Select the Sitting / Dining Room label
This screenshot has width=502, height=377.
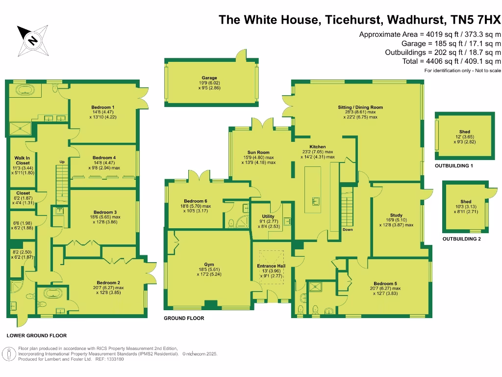360,107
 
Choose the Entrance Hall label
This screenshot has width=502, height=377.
271,266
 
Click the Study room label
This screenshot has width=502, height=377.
396,215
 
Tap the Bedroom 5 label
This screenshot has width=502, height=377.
385,283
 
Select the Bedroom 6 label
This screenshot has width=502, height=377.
196,201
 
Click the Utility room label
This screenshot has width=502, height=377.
268,216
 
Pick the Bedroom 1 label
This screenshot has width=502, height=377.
103,107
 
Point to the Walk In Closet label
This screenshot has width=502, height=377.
23,161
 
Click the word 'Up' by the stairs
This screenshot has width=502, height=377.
62,162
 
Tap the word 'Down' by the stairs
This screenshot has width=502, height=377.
347,229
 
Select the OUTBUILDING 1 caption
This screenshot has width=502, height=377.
453,166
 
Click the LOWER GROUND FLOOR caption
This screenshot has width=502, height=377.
37,336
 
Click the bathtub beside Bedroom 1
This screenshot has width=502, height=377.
24,90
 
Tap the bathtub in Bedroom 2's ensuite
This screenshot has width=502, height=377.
51,294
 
